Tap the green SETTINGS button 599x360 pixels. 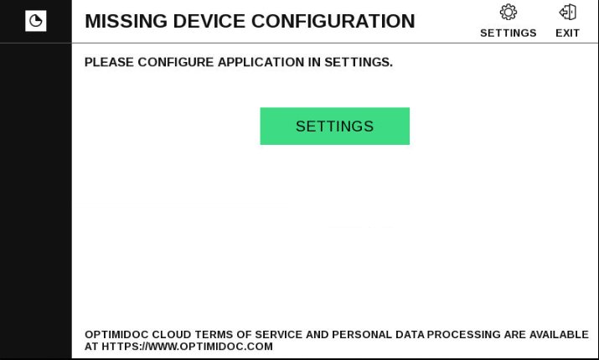pos(334,126)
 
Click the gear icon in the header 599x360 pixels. pos(509,13)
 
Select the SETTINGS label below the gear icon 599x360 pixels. pos(509,33)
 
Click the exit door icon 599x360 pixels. pos(568,13)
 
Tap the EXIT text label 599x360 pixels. pos(568,33)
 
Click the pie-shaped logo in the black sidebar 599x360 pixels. pos(36,21)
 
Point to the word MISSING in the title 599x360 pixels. pos(126,21)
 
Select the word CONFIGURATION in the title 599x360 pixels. pos(333,21)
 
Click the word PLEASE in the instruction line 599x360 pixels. pos(109,62)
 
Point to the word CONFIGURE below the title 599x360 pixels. pos(176,62)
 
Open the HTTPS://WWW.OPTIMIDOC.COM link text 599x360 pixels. pos(187,347)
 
